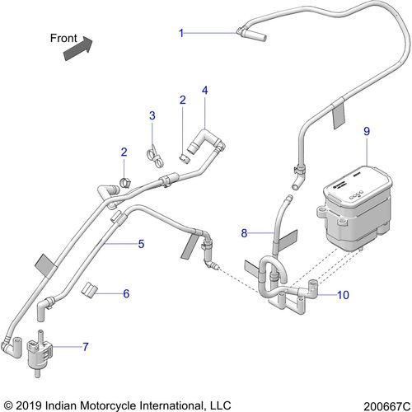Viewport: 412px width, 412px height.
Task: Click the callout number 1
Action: (x=181, y=33)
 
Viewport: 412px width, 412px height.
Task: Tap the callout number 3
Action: (x=152, y=115)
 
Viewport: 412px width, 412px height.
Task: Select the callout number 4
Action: (x=205, y=91)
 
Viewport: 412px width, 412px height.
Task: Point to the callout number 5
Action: (x=141, y=244)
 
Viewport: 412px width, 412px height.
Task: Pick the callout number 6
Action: (x=126, y=293)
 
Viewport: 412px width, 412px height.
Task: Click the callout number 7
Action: (x=86, y=347)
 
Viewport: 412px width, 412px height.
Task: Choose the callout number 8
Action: (x=244, y=233)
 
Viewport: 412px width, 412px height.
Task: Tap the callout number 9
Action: (x=367, y=132)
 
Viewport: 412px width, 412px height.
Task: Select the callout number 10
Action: (x=343, y=295)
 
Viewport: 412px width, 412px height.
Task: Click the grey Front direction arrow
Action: (x=78, y=49)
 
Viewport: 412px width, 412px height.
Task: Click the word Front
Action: (x=63, y=38)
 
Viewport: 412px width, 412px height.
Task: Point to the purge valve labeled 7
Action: (x=40, y=353)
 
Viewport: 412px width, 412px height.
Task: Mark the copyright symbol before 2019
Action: (x=9, y=405)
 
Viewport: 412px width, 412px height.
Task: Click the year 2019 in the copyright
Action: (x=29, y=405)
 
